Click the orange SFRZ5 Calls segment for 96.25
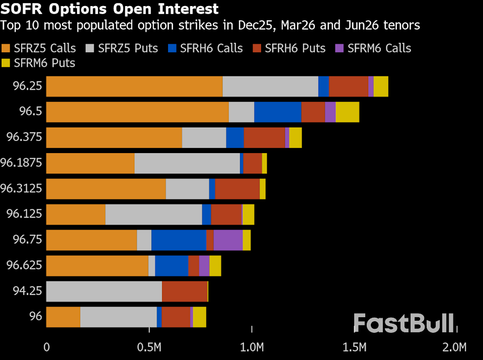[134, 86]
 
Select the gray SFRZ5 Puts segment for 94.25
[104, 292]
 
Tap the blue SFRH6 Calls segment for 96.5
[278, 112]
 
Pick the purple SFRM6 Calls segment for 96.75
[228, 240]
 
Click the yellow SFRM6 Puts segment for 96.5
[347, 112]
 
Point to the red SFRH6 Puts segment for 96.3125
[237, 189]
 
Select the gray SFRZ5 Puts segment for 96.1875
[187, 163]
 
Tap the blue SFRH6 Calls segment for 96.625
[172, 266]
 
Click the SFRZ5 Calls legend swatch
[7, 48]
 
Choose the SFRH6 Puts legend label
[295, 48]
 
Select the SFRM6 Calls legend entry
[373, 48]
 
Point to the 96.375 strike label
[27, 137]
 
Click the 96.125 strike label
[27, 214]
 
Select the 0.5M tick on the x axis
[149, 347]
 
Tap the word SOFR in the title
[21, 9]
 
